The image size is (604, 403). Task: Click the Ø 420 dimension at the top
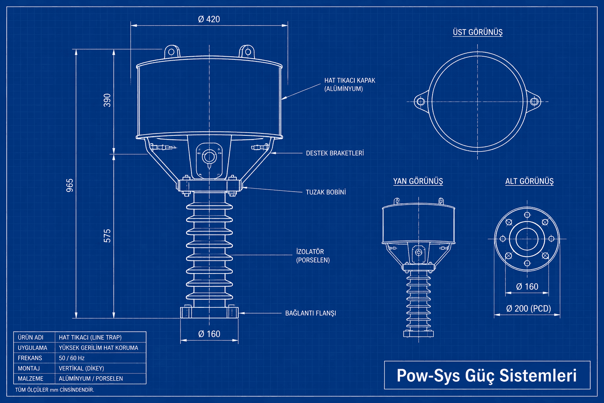point(209,19)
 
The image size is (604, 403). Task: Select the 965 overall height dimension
point(70,185)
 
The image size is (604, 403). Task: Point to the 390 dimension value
point(107,100)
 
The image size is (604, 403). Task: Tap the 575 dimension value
point(107,236)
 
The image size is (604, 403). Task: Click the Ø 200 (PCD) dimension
point(528,309)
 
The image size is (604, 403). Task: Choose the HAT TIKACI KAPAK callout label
point(350,84)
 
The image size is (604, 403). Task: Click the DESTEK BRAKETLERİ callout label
point(335,153)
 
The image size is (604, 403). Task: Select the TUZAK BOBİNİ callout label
point(326,192)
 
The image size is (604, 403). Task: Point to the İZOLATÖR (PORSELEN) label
point(313,256)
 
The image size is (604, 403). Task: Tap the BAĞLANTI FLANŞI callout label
point(310,313)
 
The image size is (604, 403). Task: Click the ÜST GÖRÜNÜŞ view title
point(477,32)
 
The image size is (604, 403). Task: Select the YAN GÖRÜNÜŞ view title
point(418,181)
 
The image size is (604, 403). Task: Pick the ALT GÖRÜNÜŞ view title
point(529,181)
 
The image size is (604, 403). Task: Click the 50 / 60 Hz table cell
point(72,358)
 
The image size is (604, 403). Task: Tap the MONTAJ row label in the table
point(29,368)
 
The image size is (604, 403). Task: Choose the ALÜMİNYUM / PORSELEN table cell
point(91,379)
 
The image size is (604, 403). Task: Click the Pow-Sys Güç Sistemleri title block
point(487,375)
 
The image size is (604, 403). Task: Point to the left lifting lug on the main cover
point(171,51)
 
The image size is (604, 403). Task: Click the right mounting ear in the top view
point(534,102)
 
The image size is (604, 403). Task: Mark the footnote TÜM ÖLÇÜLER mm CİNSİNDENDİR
point(55,390)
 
